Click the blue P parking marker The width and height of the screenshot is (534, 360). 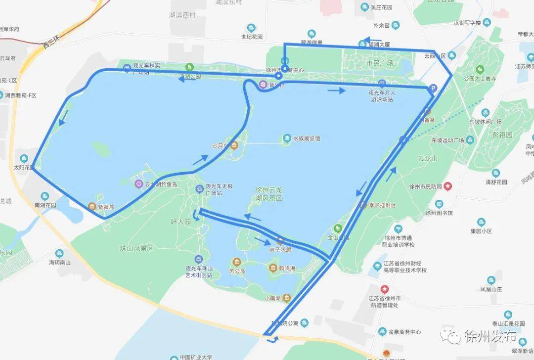433,89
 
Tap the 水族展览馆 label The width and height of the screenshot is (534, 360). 307,138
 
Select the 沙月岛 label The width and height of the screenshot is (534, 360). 219,146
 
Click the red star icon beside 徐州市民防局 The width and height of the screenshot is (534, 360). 447,186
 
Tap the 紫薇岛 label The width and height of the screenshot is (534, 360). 105,207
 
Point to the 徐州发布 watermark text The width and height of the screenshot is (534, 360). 489,337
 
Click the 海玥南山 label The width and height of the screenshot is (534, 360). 59,262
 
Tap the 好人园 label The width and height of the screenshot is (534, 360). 180,222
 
